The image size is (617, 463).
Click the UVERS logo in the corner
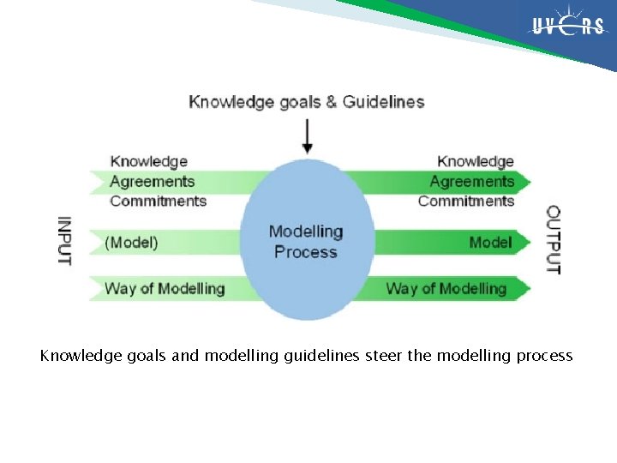(x=568, y=27)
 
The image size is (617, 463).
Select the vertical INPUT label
(x=64, y=240)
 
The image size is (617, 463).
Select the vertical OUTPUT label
(x=554, y=240)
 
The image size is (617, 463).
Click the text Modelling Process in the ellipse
(x=306, y=241)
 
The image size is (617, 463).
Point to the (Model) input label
(x=131, y=243)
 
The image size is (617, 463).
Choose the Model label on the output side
(x=490, y=243)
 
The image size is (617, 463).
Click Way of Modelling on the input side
(x=165, y=288)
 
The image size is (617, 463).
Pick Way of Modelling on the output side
(x=446, y=288)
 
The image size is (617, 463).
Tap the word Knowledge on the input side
(x=149, y=161)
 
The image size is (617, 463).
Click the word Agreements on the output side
(x=471, y=181)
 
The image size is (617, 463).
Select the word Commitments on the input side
(x=159, y=201)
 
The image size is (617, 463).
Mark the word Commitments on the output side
(x=466, y=201)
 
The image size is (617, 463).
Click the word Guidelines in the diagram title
(x=383, y=102)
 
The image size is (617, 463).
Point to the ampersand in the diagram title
(x=331, y=102)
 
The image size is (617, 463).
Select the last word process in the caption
(x=544, y=355)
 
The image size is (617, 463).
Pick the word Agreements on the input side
(x=153, y=181)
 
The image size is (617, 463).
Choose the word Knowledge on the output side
(x=476, y=161)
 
